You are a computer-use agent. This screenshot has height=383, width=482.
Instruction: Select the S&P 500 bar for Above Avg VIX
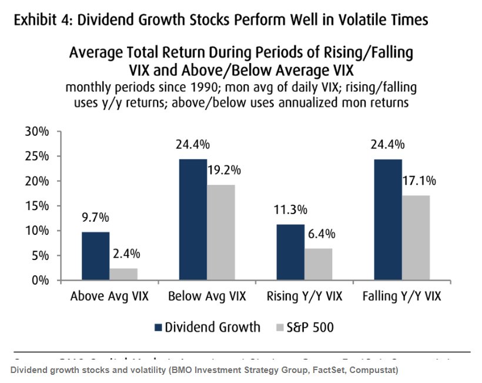pos(123,274)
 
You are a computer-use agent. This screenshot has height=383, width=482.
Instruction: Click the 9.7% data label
pos(95,218)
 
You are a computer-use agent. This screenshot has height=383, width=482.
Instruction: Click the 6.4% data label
pos(320,234)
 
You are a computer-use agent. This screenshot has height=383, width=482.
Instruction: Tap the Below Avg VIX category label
pos(206,296)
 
